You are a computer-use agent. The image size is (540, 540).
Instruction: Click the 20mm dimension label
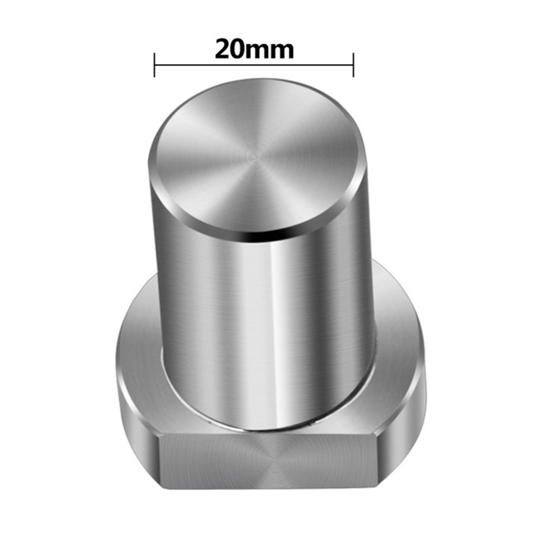coord(254,49)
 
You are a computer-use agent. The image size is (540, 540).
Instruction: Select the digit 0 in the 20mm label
coord(240,49)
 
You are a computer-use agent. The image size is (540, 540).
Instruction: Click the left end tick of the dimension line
coord(155,65)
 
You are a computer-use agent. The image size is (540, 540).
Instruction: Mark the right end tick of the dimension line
coord(353,65)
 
